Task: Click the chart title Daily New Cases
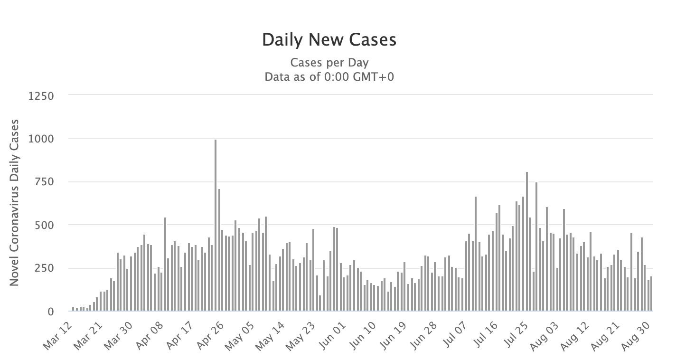point(329,40)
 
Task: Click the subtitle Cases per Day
point(329,63)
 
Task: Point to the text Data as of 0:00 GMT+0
point(329,76)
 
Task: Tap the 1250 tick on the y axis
point(42,95)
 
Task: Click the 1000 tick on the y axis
point(42,139)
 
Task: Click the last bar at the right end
point(651,294)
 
